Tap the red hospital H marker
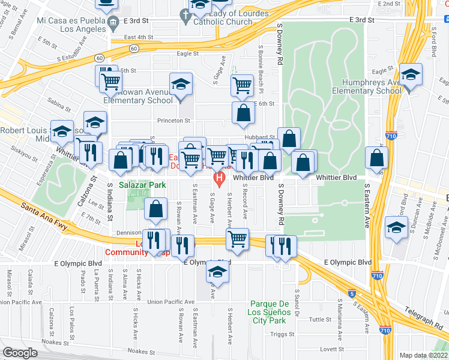click(220, 178)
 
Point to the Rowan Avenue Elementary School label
click(137, 97)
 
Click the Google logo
click(20, 353)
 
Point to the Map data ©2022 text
click(423, 355)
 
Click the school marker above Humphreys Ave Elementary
click(411, 76)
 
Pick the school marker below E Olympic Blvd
click(217, 273)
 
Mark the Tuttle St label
click(320, 320)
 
